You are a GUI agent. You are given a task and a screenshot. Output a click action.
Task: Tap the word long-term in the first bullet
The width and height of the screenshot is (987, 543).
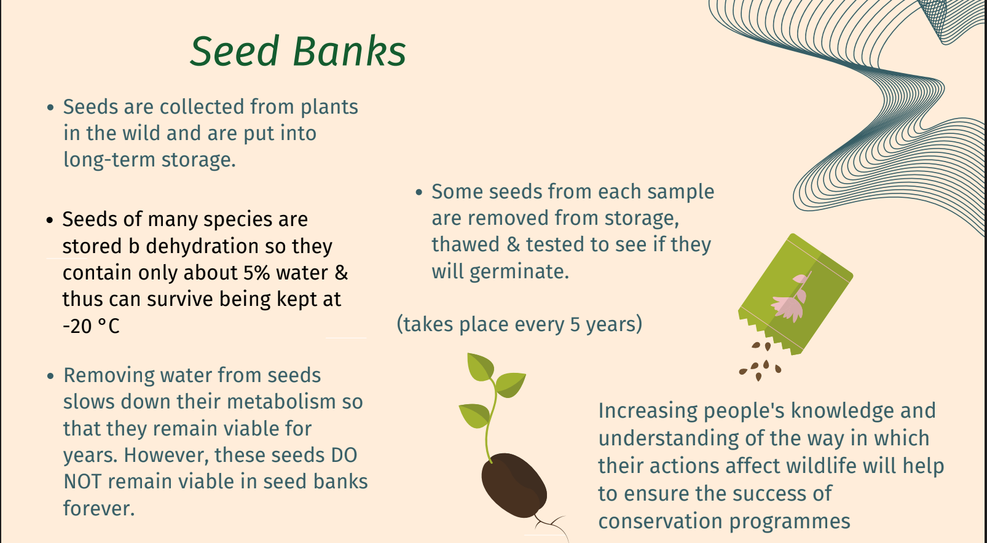pos(109,160)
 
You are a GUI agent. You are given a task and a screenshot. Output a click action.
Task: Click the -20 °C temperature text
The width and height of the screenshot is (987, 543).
pos(91,326)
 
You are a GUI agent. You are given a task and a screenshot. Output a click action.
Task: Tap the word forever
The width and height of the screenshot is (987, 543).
pos(99,508)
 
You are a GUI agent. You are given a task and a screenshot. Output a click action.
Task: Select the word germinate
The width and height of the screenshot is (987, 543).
pos(519,271)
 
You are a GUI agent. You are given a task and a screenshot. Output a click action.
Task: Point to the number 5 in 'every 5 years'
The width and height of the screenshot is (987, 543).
pos(575,324)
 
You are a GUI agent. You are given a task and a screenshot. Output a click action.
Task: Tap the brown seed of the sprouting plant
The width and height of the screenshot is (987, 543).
pos(514,485)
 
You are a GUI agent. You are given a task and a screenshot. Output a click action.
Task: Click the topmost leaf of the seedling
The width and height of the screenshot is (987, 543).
pos(480,367)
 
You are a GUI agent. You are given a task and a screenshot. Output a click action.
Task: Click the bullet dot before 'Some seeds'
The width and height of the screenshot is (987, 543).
pos(419,192)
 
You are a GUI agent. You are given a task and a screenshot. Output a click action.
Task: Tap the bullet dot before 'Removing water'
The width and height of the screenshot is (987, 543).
pos(50,376)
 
